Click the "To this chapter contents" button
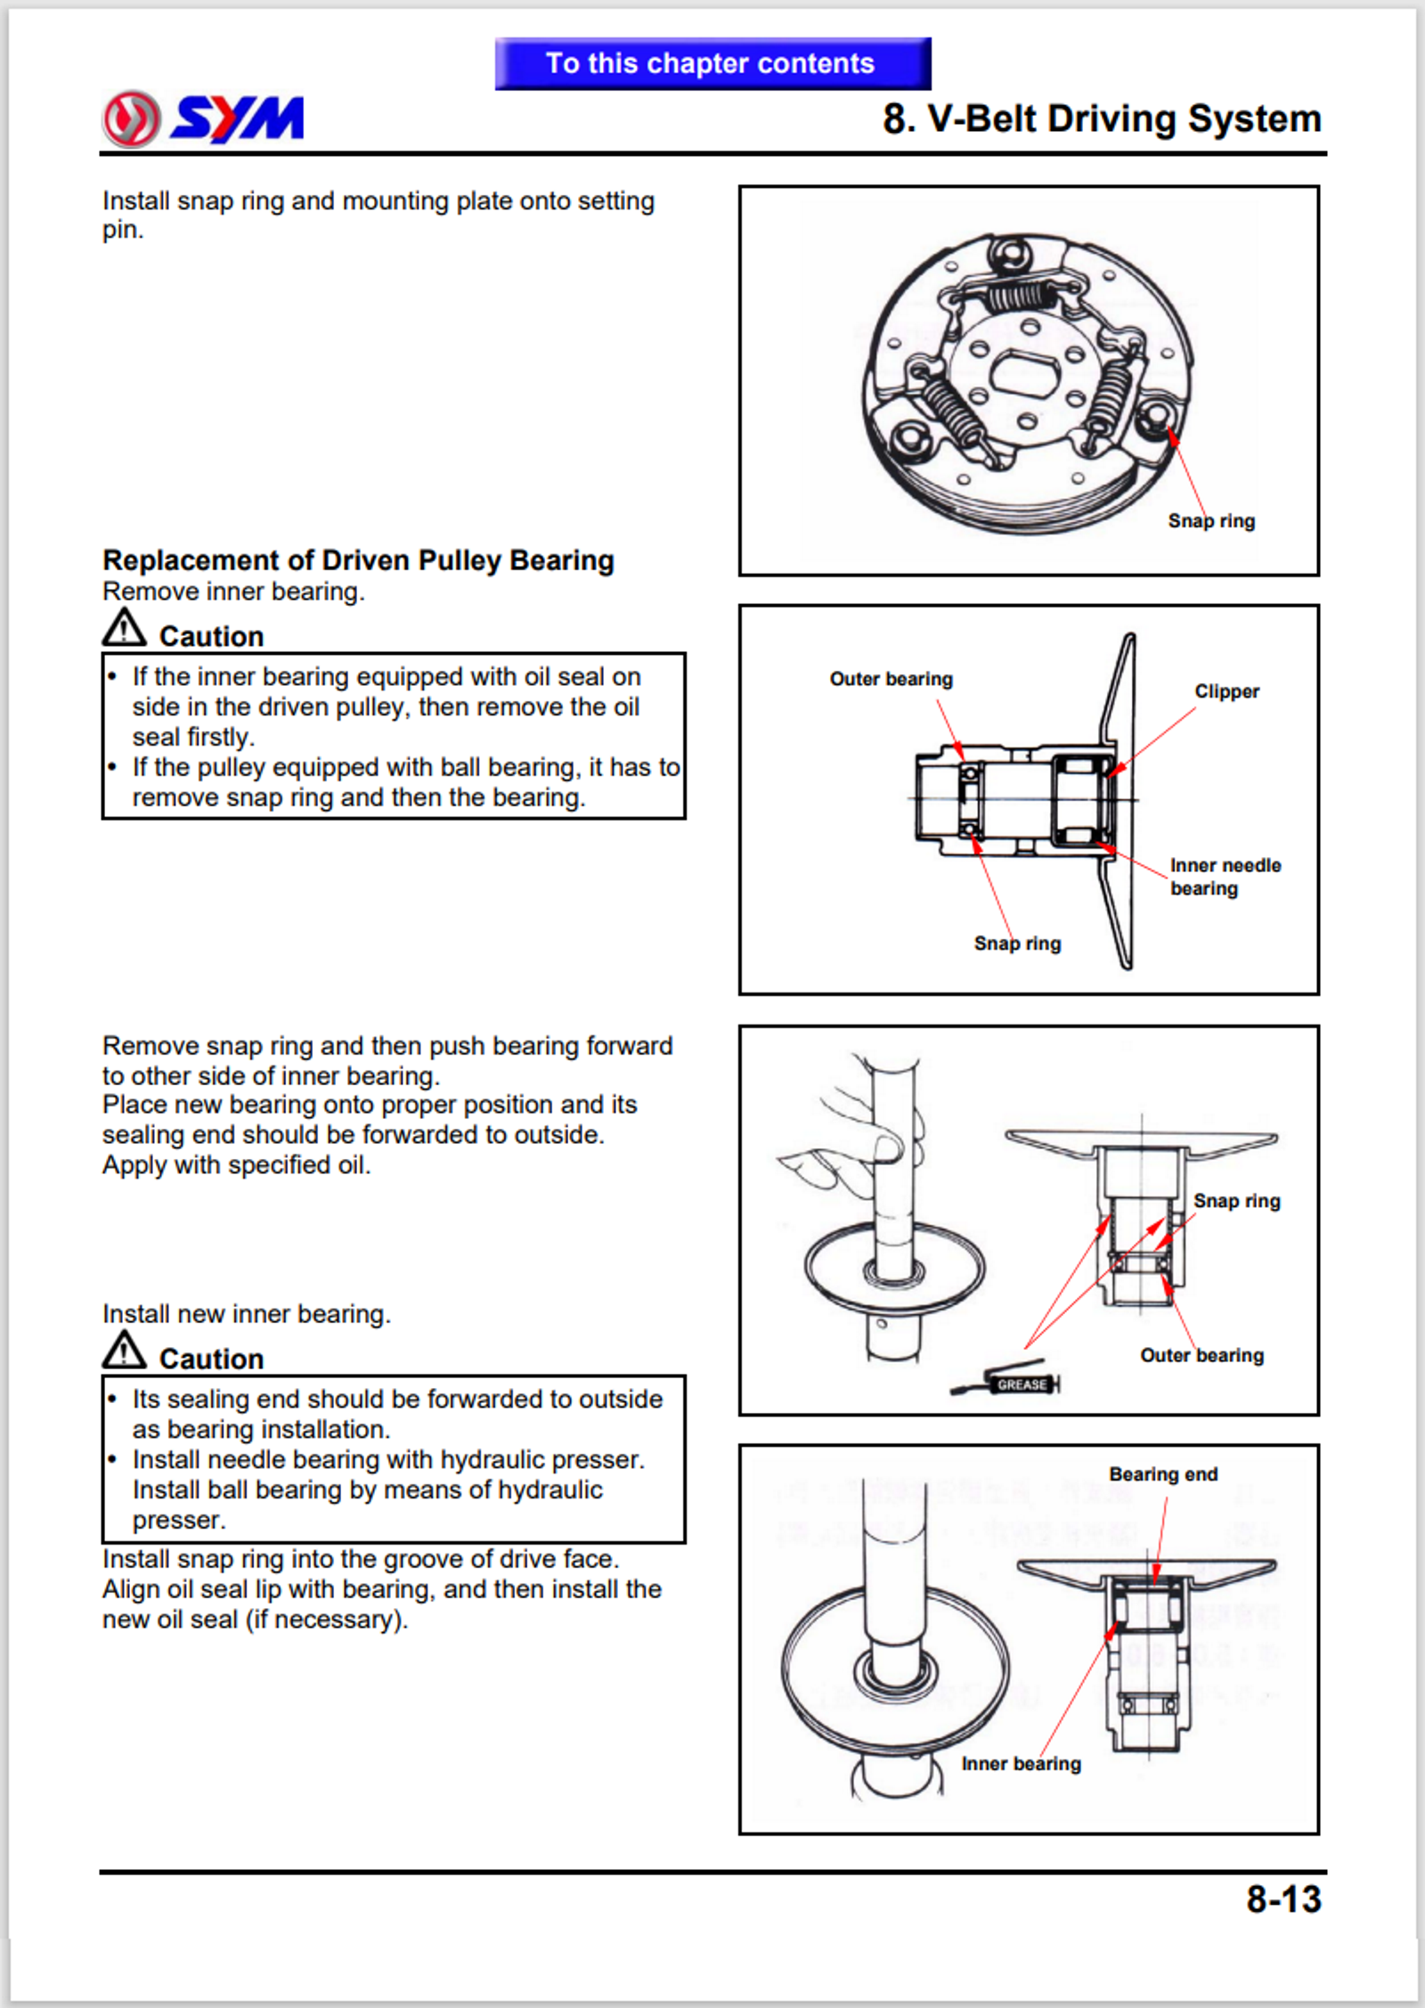(712, 63)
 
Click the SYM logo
(204, 118)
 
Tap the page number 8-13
(1282, 1898)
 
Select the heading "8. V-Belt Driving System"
(1101, 118)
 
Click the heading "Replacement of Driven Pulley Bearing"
(358, 560)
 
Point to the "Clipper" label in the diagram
(1226, 691)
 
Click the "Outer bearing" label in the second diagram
(891, 679)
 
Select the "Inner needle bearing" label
(1225, 877)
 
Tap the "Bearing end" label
(1163, 1474)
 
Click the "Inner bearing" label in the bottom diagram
(1021, 1764)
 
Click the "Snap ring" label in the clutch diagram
(1211, 521)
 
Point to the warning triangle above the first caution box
(124, 628)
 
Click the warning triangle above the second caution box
(124, 1351)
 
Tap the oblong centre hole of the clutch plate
(1025, 373)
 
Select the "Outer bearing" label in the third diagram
(1201, 1355)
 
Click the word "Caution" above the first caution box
(211, 636)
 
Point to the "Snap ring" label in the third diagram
(1236, 1201)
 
